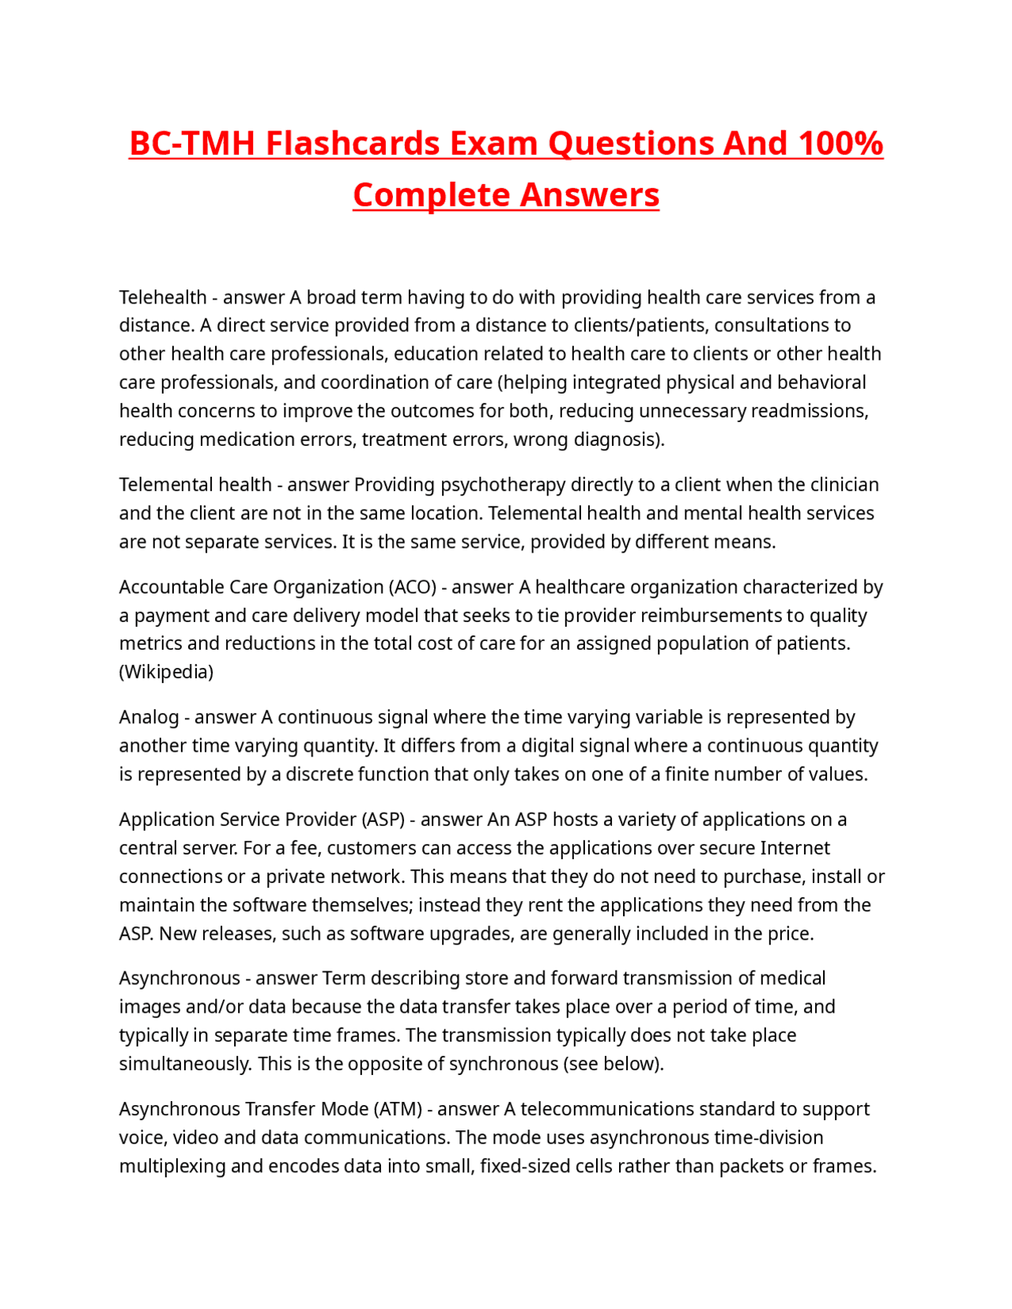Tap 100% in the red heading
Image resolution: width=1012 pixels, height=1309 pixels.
tap(840, 144)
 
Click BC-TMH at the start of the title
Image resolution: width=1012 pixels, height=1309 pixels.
tap(192, 144)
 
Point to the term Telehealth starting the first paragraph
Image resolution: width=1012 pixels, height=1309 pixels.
tap(163, 298)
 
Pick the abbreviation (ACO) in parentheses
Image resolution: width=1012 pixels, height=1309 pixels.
tap(412, 587)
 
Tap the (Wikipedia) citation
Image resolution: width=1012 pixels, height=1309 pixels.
tap(166, 672)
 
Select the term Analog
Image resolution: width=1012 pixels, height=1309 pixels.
tap(149, 717)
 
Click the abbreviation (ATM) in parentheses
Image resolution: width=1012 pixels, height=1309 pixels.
tap(397, 1109)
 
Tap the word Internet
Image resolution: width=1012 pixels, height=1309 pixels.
tap(795, 848)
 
